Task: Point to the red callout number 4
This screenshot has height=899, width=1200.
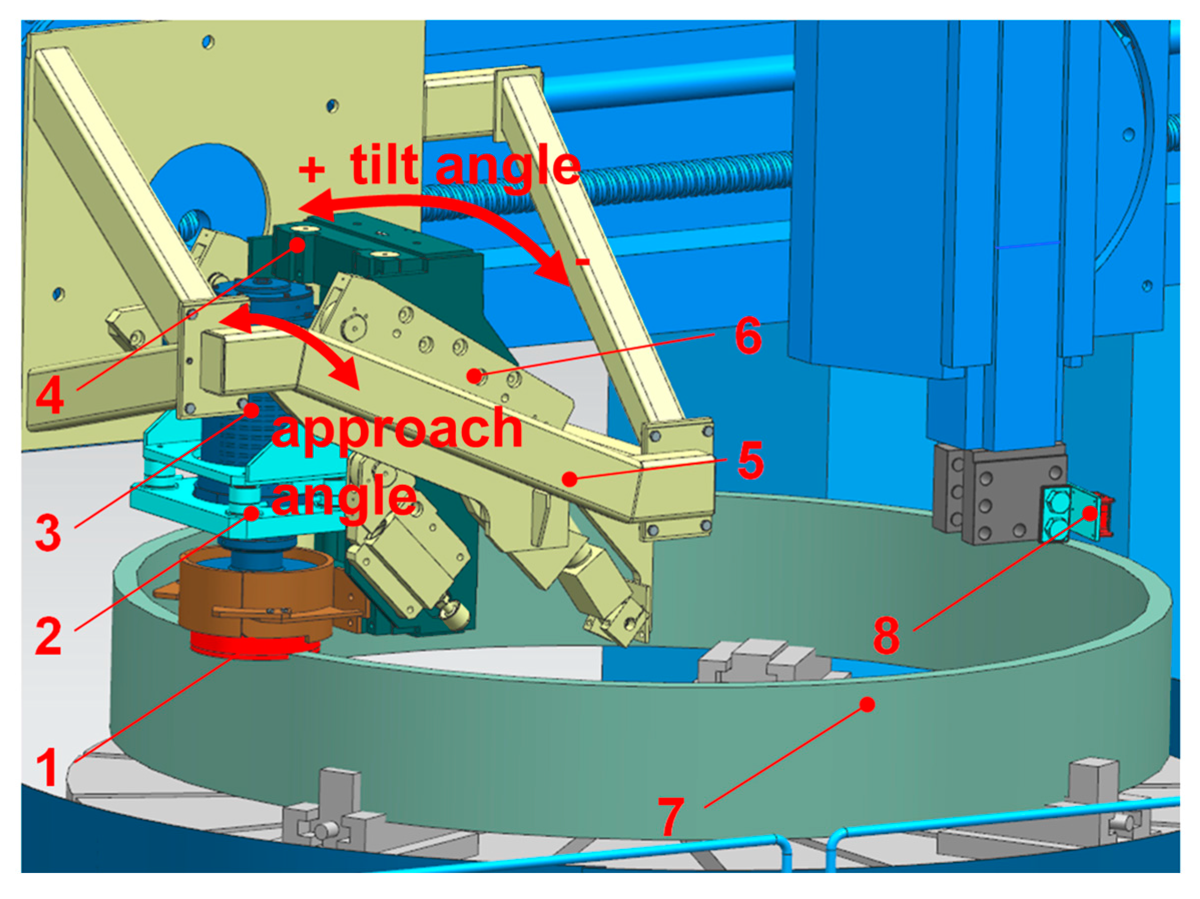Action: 50,395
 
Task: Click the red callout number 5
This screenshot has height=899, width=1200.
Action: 751,460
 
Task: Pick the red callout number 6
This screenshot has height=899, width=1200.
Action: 748,336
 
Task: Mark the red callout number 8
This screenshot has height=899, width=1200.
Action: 887,635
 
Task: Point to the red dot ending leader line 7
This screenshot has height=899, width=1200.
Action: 868,704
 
